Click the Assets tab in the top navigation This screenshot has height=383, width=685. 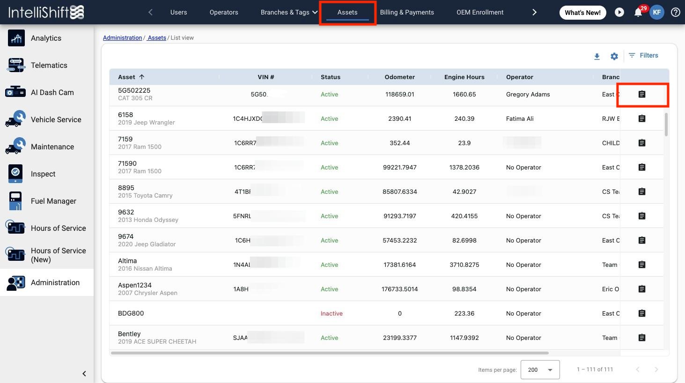pos(347,12)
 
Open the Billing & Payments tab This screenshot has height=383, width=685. pos(407,12)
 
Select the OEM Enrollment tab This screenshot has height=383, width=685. pos(480,12)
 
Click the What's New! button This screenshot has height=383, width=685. pos(582,13)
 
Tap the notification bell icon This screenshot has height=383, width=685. pos(638,13)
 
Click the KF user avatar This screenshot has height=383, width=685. pos(657,13)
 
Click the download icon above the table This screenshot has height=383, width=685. pos(597,57)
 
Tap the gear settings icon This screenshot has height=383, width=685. pos(614,57)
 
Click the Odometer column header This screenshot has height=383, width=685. pos(400,77)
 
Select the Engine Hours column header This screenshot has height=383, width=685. pos(464,77)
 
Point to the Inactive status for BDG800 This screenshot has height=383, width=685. pos(331,313)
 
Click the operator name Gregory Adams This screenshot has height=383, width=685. pos(528,94)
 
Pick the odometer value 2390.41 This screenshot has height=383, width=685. pos(399,118)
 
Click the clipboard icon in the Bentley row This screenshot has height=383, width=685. pos(642,338)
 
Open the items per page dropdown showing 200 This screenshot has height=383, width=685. pos(540,369)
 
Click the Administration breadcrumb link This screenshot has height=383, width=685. pos(122,37)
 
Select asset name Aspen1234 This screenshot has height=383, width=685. pos(135,285)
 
